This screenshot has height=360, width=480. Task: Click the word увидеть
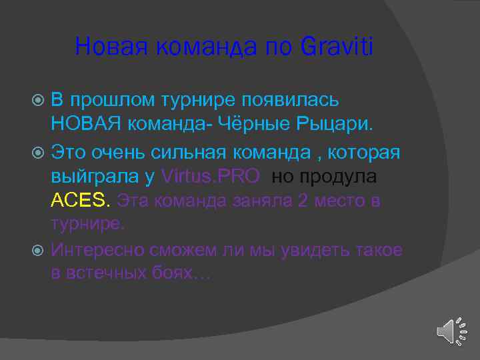pyautogui.click(x=307, y=250)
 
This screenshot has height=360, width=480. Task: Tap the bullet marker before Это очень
pyautogui.click(x=38, y=153)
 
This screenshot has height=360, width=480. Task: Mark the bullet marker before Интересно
pyautogui.click(x=38, y=251)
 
